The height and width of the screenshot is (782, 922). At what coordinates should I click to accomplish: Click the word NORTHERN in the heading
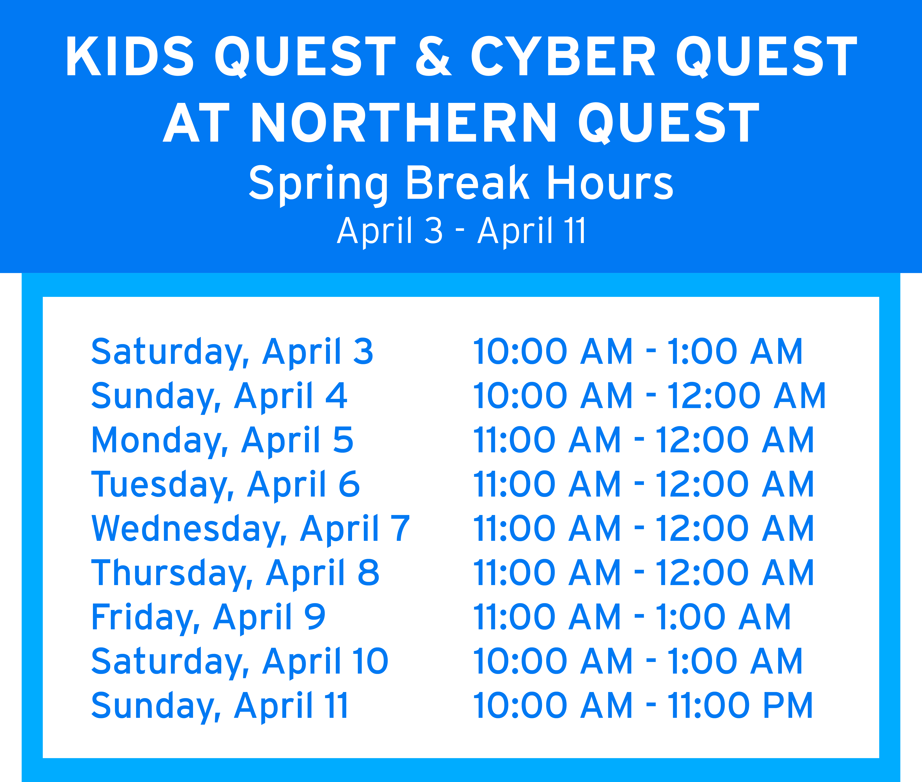(x=403, y=122)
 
